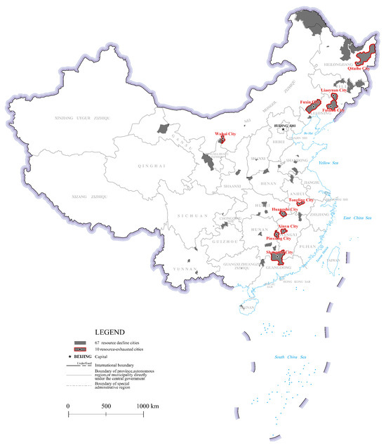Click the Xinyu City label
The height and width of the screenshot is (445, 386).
pyautogui.click(x=288, y=227)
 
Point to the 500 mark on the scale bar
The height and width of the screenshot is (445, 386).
pyautogui.click(x=106, y=406)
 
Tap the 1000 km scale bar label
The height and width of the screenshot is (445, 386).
pyautogui.click(x=147, y=406)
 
